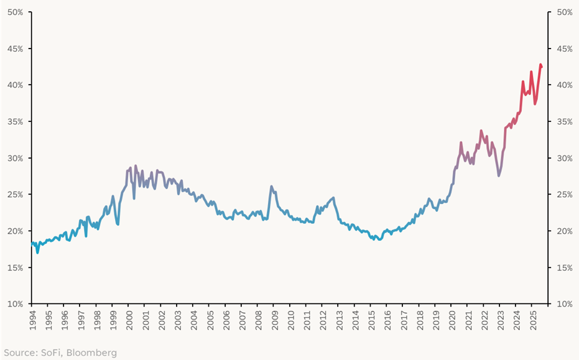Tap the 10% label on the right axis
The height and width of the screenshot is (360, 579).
565,304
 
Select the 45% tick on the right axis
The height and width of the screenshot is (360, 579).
565,48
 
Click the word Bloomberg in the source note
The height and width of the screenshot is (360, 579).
93,353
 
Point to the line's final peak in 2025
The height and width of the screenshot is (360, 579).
540,65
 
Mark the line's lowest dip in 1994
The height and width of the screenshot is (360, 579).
37,252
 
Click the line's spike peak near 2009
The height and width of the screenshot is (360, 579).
271,186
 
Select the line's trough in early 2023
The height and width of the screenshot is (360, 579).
499,176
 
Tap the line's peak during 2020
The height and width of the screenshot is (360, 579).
461,142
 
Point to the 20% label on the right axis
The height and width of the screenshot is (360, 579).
565,231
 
